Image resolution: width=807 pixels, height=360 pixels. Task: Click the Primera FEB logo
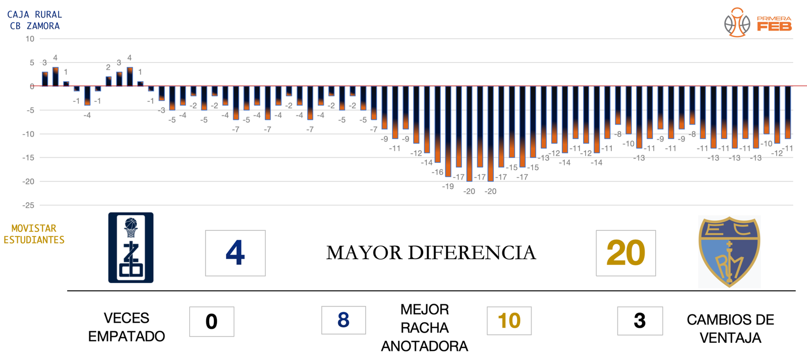pos(758,23)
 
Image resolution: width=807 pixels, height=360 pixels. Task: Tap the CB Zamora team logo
pos(131,248)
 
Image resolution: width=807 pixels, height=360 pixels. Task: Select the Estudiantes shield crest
pos(729,252)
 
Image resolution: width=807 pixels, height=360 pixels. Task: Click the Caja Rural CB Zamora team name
pos(34,20)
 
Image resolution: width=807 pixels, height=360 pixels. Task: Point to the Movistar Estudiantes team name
pos(34,234)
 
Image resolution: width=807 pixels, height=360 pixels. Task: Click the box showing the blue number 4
pos(235,253)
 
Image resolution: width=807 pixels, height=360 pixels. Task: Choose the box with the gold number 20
pos(625,253)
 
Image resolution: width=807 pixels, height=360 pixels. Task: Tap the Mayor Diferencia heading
pos(431,253)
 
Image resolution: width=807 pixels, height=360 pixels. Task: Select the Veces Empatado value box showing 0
pos(211,322)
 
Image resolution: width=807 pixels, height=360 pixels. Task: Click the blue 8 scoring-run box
pos(343,320)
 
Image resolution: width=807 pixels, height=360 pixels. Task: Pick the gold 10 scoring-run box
pos(509,321)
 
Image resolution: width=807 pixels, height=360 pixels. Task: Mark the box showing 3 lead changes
pos(640,321)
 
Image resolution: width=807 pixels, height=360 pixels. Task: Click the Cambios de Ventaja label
pos(730,329)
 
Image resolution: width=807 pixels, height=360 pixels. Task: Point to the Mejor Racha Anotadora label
pos(424,328)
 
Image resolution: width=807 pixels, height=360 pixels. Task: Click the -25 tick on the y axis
pos(28,205)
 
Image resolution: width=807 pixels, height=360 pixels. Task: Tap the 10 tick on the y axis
pos(30,39)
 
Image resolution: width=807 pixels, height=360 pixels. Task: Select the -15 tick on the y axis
pos(28,158)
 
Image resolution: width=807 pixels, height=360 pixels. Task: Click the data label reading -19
pos(448,187)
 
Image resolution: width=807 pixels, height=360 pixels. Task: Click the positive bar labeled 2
pos(108,81)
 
